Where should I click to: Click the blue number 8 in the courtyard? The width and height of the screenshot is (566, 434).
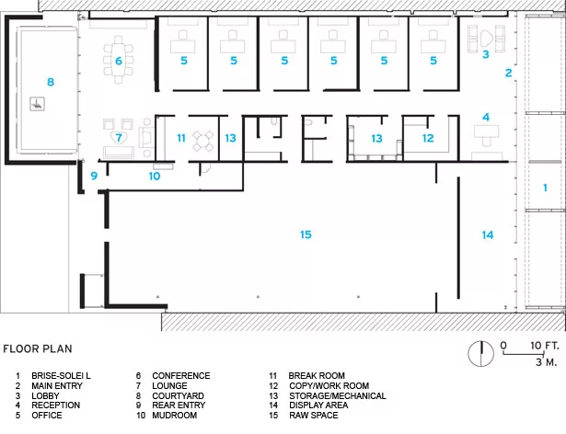point(51,82)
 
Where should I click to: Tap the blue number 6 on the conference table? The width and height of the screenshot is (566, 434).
point(119,61)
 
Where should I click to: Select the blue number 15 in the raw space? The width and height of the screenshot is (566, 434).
point(306,234)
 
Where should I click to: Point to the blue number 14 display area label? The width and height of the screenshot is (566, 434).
point(488,235)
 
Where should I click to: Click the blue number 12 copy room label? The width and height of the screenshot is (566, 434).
point(428,138)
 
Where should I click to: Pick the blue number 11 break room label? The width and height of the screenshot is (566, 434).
point(181,138)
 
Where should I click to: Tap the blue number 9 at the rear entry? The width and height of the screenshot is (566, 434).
point(94,176)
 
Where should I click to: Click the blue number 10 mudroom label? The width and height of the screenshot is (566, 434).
point(155,176)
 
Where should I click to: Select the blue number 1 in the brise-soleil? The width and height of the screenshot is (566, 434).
point(545,188)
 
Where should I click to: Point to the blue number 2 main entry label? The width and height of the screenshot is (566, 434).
point(509,73)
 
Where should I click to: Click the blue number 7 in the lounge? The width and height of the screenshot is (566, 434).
point(119,138)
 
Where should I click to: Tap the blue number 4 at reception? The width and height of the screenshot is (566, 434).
point(486,118)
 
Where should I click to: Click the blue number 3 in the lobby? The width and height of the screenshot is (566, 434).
point(486,54)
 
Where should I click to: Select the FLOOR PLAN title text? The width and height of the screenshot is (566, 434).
point(38,348)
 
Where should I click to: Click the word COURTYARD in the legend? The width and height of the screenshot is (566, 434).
point(178,395)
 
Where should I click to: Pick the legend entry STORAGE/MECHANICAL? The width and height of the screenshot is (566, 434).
point(338,395)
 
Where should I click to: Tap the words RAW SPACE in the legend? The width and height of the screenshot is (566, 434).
point(313,416)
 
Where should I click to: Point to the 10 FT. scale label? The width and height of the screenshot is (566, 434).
point(545,346)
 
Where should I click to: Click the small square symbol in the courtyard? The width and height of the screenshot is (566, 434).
point(37,104)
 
